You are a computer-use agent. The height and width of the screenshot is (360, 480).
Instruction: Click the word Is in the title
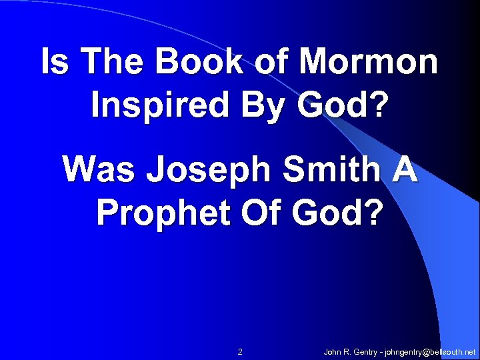(x=51, y=62)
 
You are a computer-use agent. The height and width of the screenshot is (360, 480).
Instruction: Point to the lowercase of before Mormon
(x=261, y=62)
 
